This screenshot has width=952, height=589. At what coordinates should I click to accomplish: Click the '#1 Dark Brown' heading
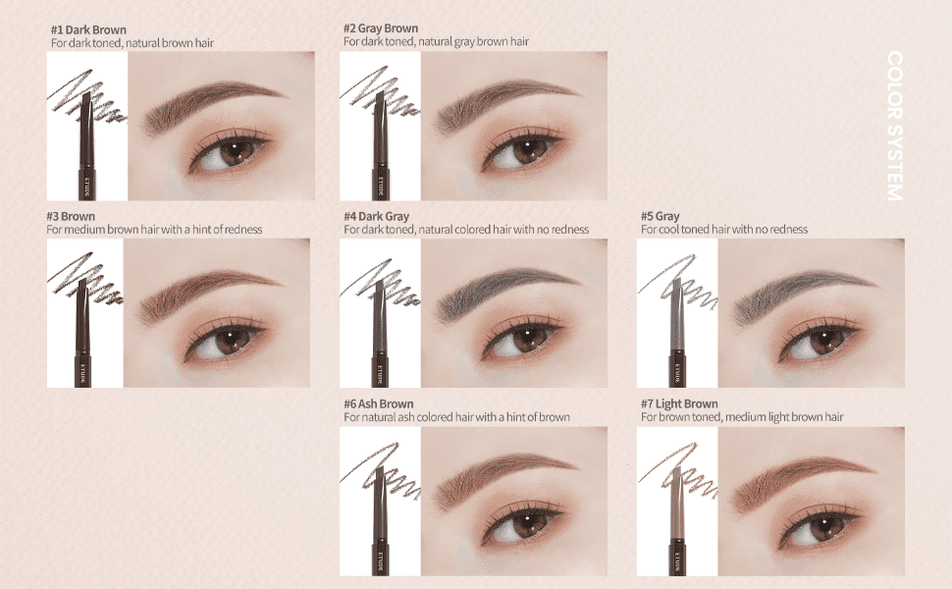pyautogui.click(x=88, y=29)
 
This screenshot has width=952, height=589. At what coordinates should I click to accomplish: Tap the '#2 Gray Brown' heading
pyautogui.click(x=381, y=28)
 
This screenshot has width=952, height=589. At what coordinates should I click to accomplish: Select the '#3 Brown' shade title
pyautogui.click(x=71, y=216)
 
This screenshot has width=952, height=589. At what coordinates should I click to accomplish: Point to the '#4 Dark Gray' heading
pyautogui.click(x=377, y=216)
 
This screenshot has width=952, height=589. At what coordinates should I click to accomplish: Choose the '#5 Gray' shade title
pyautogui.click(x=660, y=216)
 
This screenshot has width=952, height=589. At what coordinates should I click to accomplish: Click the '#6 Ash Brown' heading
pyautogui.click(x=378, y=403)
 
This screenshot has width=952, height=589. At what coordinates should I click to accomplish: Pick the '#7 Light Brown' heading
pyautogui.click(x=679, y=403)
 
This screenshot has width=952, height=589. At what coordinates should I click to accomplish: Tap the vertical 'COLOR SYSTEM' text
pyautogui.click(x=895, y=126)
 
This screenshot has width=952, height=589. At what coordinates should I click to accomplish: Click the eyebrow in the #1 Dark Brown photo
pyautogui.click(x=213, y=102)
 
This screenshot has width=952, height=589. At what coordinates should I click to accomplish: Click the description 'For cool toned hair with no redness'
pyautogui.click(x=724, y=230)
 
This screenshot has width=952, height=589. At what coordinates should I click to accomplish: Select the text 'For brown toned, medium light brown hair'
pyautogui.click(x=742, y=417)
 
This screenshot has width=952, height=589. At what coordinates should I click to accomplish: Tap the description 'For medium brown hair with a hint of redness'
pyautogui.click(x=154, y=230)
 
